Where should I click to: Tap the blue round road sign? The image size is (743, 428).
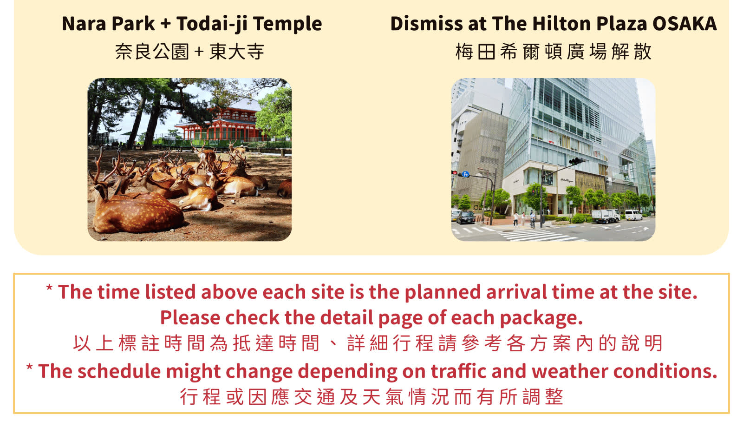click(465, 174)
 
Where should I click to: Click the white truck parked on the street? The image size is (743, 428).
click(606, 216)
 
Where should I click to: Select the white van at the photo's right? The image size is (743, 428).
click(633, 215)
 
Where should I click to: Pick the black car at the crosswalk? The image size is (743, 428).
click(465, 217)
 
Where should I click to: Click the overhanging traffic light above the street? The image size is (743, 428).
click(577, 161)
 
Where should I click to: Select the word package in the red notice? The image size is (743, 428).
click(541, 318)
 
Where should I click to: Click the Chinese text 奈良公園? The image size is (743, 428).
click(152, 52)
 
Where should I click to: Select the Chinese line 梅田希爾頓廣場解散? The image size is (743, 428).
click(553, 52)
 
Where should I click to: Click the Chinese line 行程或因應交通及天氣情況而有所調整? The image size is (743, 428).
click(371, 397)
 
